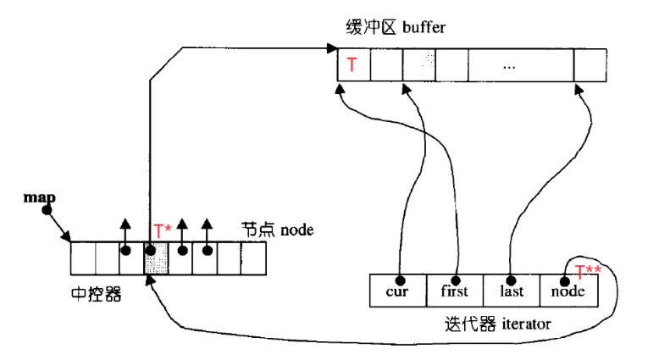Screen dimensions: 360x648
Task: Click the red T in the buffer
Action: point(352,64)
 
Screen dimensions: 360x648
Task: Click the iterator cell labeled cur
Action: point(398,291)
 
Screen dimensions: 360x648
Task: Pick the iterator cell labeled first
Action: point(454,291)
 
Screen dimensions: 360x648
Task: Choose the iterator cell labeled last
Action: point(511,291)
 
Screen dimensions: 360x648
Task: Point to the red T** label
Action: point(588,272)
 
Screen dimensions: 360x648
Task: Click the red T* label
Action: point(162,230)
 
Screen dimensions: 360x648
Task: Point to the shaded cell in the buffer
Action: point(418,65)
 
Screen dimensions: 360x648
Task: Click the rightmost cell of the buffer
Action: point(590,65)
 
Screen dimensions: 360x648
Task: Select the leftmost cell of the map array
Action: point(82,258)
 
